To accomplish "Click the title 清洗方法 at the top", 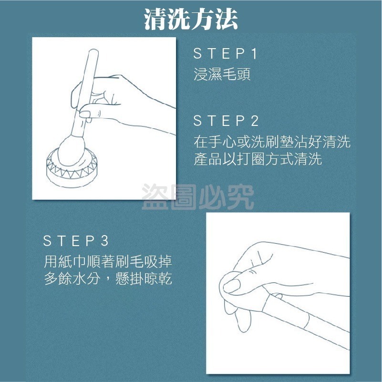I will (191, 20).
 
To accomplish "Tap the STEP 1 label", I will (226, 54).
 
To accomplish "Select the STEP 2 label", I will (226, 121).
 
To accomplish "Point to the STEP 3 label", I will (76, 240).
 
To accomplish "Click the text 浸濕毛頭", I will (222, 75).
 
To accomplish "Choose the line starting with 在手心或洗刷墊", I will (272, 142).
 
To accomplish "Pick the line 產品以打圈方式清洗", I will (258, 159).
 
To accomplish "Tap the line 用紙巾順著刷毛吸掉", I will (108, 262).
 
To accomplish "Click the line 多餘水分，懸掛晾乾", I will (108, 279).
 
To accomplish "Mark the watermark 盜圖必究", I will (198, 197).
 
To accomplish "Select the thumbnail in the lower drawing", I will (232, 286).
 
